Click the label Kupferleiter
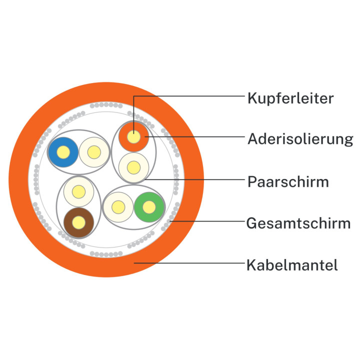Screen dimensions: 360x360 coord(290,98)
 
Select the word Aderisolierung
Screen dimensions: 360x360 coord(300,139)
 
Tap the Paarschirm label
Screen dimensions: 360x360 coord(288,182)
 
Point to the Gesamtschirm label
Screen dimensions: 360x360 coord(298,223)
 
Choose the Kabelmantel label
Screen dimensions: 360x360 coord(292,265)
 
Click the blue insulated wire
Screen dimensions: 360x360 coord(63,152)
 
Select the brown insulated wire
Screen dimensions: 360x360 coord(79,222)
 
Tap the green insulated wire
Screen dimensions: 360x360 coord(149,207)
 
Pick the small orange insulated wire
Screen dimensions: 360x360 coord(134,137)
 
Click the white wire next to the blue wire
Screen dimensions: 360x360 coord(94,152)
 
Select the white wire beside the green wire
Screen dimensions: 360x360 coord(118,207)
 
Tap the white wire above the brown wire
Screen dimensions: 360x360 coord(79,191)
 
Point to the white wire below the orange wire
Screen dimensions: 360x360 coord(134,167)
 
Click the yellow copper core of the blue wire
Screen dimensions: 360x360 coord(63,152)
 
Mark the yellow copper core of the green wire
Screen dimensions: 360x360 coord(149,207)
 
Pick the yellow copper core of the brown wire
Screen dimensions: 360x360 coord(79,222)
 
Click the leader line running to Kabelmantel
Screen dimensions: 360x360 coord(189,263)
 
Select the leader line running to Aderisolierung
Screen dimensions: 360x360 coord(195,137)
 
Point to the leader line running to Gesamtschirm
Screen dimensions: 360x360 coord(207,221)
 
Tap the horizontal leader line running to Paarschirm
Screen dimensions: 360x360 coord(195,179)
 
